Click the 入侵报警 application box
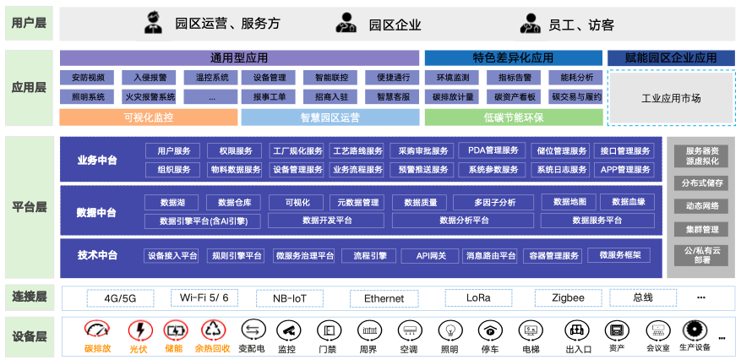(x=148, y=77)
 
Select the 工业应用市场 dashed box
(x=671, y=98)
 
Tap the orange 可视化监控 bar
(x=149, y=117)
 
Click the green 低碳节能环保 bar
(x=514, y=117)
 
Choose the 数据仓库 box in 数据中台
(x=233, y=203)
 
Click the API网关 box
(x=431, y=255)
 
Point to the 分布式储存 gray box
(x=701, y=183)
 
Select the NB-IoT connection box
(x=290, y=298)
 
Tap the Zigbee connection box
(x=568, y=298)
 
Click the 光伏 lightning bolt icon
(x=140, y=330)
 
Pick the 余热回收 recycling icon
(x=214, y=330)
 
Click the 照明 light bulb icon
(x=450, y=330)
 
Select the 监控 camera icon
(x=288, y=330)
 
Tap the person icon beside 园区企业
(x=346, y=23)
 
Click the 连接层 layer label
(x=30, y=297)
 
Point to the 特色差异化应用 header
(x=514, y=58)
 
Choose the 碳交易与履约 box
(x=576, y=97)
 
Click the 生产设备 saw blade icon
(x=694, y=330)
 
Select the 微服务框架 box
(x=619, y=255)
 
